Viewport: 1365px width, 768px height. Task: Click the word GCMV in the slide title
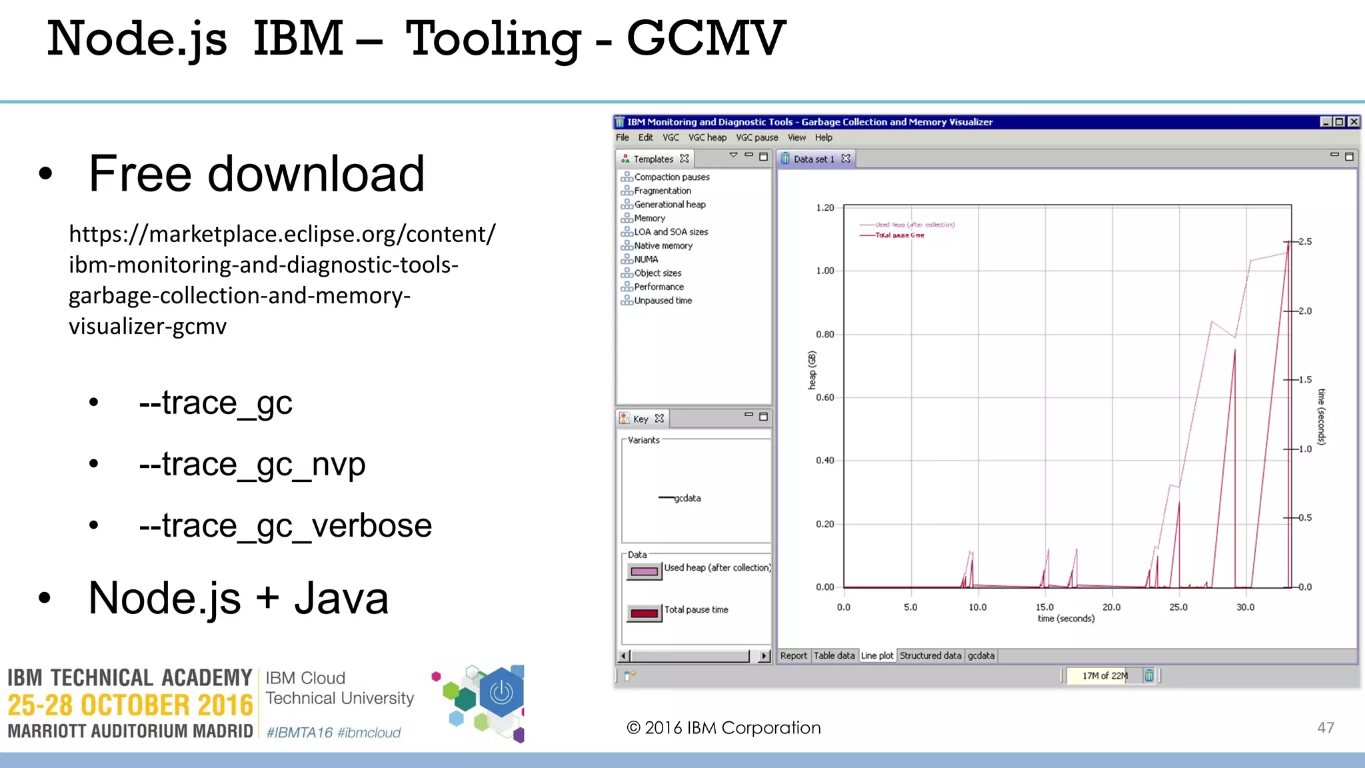[x=706, y=39]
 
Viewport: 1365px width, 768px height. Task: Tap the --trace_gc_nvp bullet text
[x=252, y=464]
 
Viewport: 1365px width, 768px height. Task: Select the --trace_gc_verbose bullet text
[x=285, y=525]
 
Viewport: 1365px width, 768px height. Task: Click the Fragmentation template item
[x=662, y=191]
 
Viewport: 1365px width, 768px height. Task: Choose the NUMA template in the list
[x=646, y=259]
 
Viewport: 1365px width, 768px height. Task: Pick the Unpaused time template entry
[x=663, y=301]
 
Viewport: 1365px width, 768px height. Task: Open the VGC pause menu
[x=756, y=137]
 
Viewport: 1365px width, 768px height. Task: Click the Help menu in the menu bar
[x=823, y=137]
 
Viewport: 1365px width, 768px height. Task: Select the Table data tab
[x=834, y=655]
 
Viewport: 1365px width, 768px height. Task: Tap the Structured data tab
[x=930, y=655]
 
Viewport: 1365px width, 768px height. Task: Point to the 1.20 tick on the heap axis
[x=825, y=207]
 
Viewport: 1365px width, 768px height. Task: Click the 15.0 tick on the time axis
[x=1044, y=607]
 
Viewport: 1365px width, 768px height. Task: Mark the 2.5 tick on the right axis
[x=1304, y=241]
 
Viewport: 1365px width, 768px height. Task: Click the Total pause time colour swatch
[x=644, y=613]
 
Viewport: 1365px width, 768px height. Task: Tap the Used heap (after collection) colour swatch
[x=644, y=571]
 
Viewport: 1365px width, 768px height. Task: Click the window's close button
[x=1354, y=121]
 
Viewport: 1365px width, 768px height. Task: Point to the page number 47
[x=1325, y=727]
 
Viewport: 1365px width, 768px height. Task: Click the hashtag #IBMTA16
[x=299, y=733]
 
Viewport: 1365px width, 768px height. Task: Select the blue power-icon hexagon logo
[x=501, y=693]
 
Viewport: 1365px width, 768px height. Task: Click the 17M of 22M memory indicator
[x=1104, y=675]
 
